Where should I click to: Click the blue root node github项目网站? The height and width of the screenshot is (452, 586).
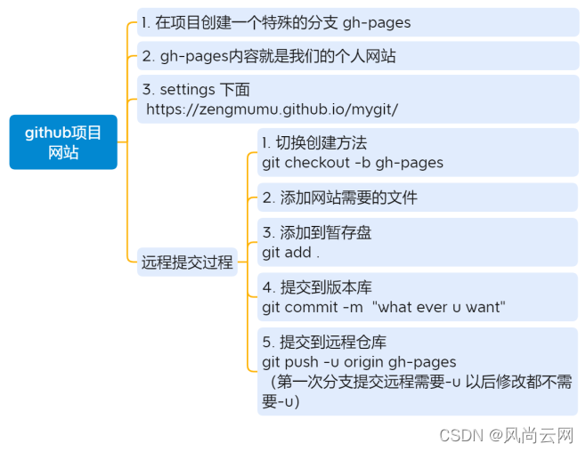click(x=63, y=142)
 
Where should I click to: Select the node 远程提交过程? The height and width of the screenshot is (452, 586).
click(x=187, y=262)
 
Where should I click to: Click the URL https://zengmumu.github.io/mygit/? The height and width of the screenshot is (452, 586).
click(x=273, y=109)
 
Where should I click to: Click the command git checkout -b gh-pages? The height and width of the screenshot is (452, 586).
click(x=353, y=162)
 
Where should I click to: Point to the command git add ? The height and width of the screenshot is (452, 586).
click(x=290, y=252)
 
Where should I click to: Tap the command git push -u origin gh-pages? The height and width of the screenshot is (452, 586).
click(x=359, y=362)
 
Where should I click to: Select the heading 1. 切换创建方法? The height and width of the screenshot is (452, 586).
click(x=314, y=143)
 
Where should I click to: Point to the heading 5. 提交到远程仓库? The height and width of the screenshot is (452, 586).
click(x=324, y=343)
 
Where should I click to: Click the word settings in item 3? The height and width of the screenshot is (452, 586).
click(x=187, y=90)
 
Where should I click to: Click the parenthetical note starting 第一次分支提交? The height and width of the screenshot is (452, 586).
click(x=419, y=391)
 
